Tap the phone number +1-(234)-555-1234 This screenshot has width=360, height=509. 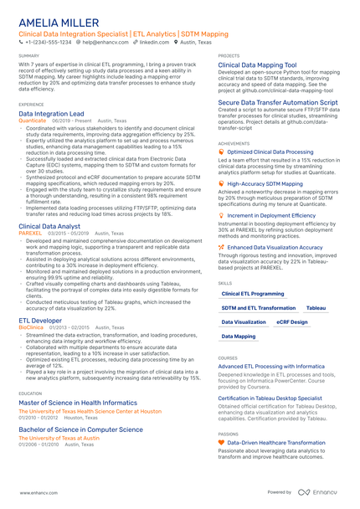tap(49, 41)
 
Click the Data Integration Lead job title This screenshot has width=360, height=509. tap(51, 112)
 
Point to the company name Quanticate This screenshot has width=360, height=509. tap(33, 120)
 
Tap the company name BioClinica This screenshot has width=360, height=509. tap(32, 326)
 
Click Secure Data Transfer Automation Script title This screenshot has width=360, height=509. tap(278, 102)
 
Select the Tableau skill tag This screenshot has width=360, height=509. tap(316, 308)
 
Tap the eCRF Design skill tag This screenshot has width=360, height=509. tap(292, 321)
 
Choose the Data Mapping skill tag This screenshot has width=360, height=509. tap(239, 336)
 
